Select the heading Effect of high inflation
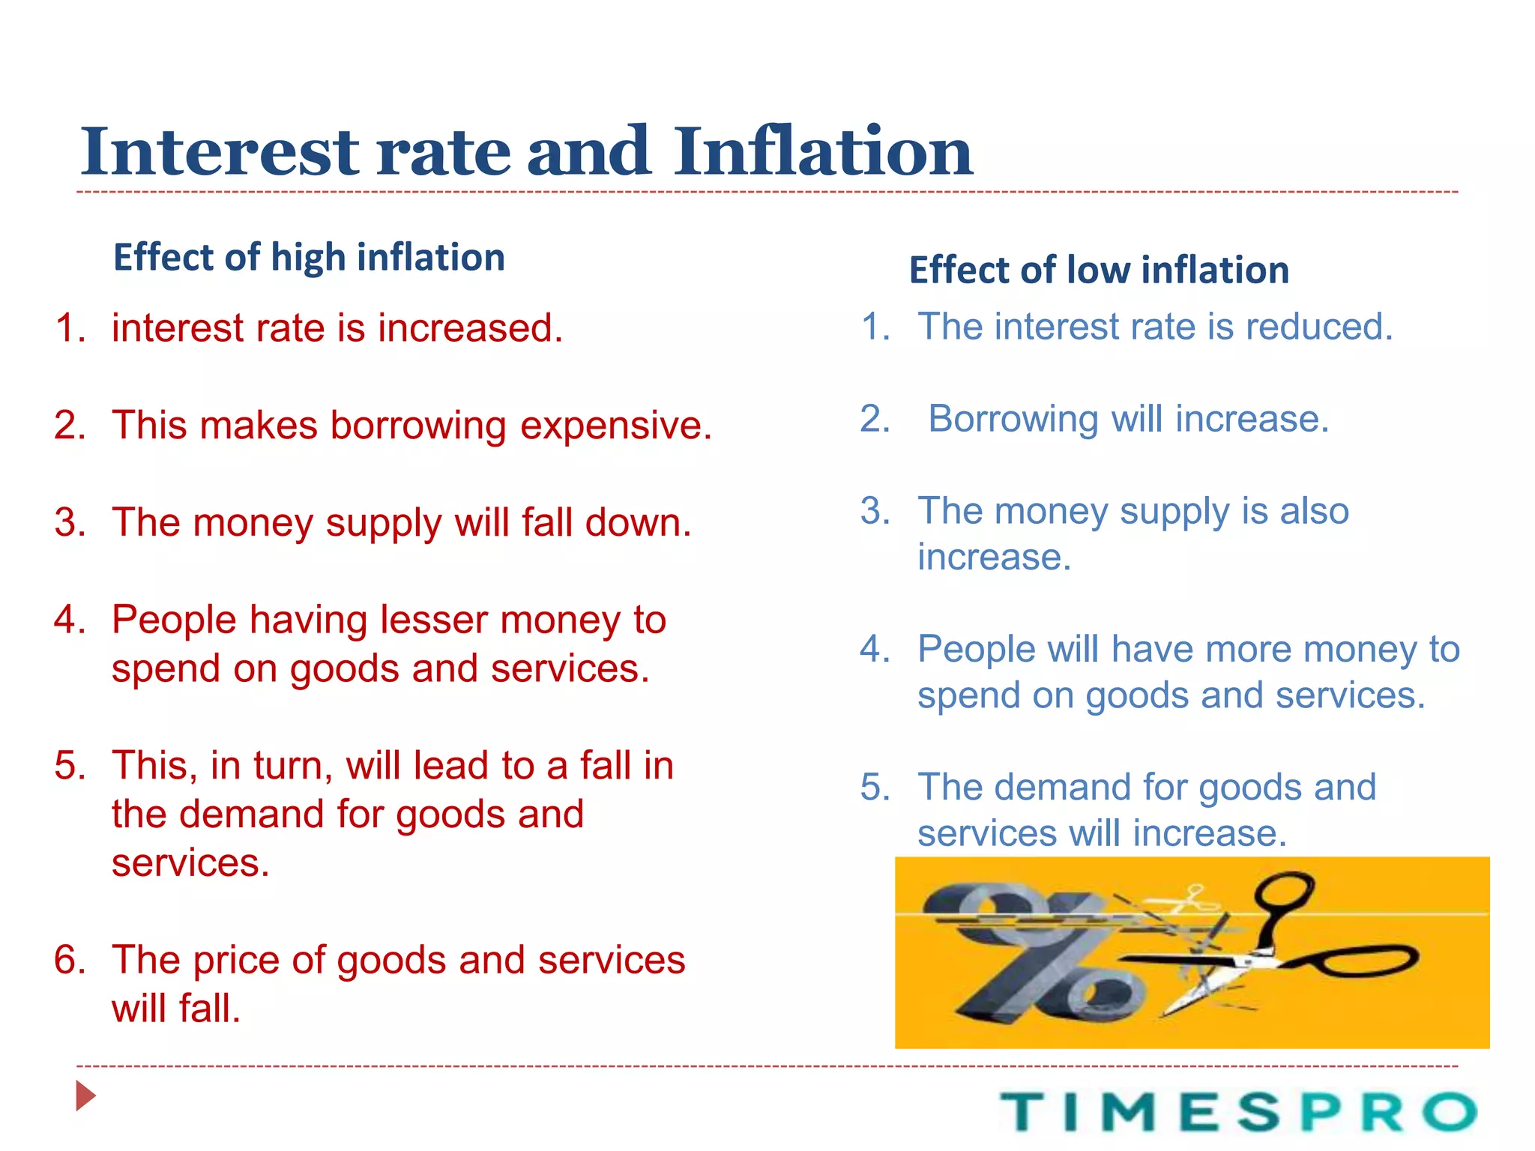pyautogui.click(x=309, y=258)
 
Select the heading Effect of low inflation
pyautogui.click(x=1099, y=271)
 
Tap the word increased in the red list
pyautogui.click(x=470, y=328)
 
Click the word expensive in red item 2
pyautogui.click(x=615, y=426)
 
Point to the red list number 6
pyautogui.click(x=69, y=960)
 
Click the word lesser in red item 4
pyautogui.click(x=434, y=620)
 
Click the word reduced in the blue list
pyautogui.click(x=1318, y=327)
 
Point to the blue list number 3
pyautogui.click(x=875, y=511)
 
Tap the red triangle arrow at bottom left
pyautogui.click(x=85, y=1096)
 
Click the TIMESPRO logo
pyautogui.click(x=1237, y=1111)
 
